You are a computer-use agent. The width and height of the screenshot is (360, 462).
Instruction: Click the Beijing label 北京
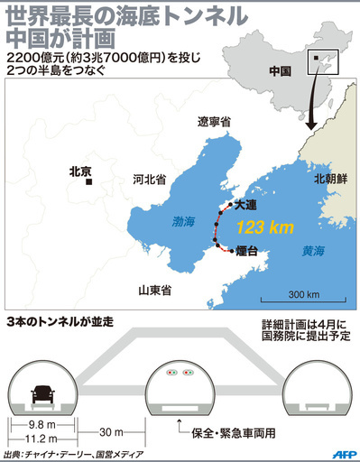coord(81,168)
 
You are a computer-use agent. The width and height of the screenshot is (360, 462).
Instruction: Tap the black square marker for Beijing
coord(88,181)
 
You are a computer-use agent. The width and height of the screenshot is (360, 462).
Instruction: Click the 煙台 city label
coord(247,253)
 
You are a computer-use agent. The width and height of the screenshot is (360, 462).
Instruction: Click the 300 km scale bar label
coord(303,294)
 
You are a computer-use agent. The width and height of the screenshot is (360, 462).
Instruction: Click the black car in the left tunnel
coord(42,394)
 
